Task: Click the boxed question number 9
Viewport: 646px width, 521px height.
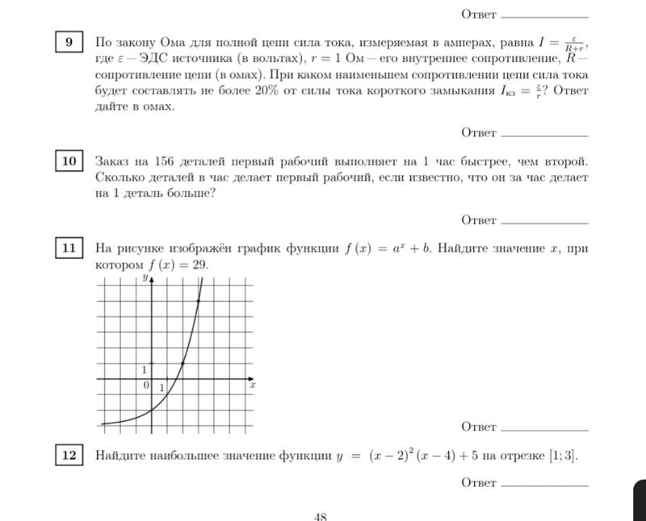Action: point(69,41)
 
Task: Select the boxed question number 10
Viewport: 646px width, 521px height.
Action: point(69,161)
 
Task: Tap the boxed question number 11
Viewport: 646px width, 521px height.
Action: point(69,248)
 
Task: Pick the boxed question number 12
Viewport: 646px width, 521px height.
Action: point(69,456)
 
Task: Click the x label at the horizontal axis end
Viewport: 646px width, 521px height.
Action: point(252,386)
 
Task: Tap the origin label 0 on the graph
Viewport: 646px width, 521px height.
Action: point(146,386)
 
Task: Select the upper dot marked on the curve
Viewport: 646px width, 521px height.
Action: point(199,301)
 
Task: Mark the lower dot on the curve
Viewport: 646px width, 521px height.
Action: point(183,363)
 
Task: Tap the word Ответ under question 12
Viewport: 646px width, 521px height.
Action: point(478,483)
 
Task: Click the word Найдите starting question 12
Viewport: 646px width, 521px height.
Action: point(120,456)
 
